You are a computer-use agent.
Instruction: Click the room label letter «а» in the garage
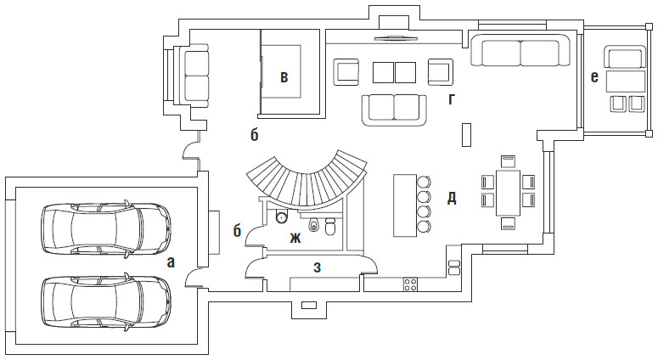click(171, 262)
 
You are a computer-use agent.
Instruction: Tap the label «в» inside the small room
click(284, 78)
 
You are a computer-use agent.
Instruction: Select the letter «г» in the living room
click(452, 99)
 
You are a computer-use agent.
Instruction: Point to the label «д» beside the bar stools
click(452, 199)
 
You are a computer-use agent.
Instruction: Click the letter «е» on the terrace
click(594, 77)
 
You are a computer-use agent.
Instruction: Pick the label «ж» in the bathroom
click(295, 238)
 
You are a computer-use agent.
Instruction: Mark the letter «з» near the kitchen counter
click(317, 268)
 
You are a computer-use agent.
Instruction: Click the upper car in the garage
click(106, 227)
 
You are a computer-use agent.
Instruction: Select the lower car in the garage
click(106, 298)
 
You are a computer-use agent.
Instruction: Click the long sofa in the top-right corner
click(520, 53)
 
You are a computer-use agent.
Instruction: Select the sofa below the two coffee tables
click(395, 108)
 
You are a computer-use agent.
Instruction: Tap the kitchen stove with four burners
click(410, 283)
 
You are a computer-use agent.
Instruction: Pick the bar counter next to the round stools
click(403, 205)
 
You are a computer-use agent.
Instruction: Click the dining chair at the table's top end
click(508, 160)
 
